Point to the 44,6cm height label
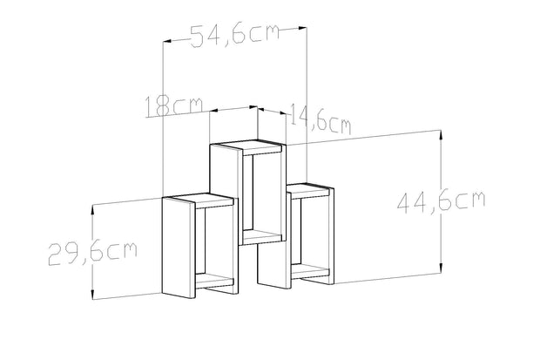click(441, 201)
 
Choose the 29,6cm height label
click(91, 253)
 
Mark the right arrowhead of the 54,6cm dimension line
click(305, 29)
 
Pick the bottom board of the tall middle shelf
click(262, 235)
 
